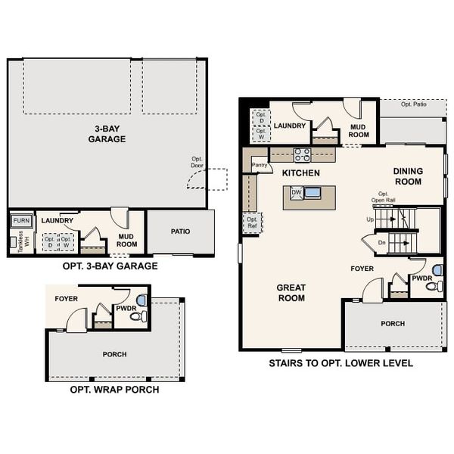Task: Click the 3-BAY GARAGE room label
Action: [x=107, y=134]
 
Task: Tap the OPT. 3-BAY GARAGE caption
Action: [x=111, y=266]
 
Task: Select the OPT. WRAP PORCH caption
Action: [x=114, y=390]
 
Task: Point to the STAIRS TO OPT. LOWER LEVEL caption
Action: [x=340, y=363]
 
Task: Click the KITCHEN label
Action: [x=301, y=173]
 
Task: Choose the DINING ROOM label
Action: [x=408, y=176]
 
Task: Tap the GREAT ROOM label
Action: [x=291, y=292]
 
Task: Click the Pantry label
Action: [x=260, y=164]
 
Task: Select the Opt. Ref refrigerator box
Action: [x=252, y=222]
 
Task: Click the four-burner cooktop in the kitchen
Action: [x=302, y=155]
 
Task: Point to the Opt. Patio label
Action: [x=414, y=104]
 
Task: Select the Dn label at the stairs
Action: [x=371, y=243]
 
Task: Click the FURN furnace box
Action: [x=21, y=221]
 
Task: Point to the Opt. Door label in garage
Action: [x=198, y=162]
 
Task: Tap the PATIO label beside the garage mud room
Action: [x=180, y=232]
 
